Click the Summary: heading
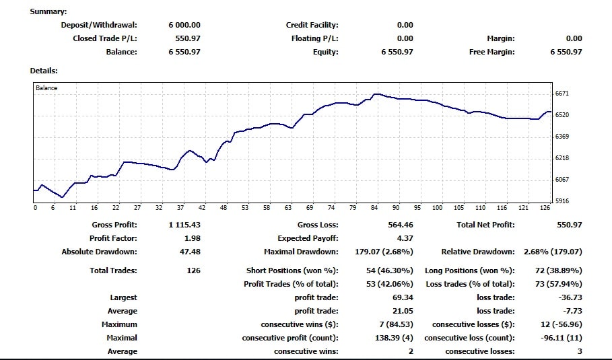(48, 11)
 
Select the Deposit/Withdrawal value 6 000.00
(184, 25)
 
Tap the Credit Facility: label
(312, 25)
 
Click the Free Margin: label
(491, 52)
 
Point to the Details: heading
(44, 71)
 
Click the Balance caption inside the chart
(46, 88)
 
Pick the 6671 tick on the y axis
(562, 94)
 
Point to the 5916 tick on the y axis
(562, 201)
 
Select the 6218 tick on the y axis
(562, 158)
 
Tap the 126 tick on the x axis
(545, 208)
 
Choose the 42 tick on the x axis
(202, 208)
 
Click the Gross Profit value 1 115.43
(184, 225)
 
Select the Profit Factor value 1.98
(192, 238)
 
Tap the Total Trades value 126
(193, 271)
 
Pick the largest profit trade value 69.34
(403, 297)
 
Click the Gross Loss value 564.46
(400, 225)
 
